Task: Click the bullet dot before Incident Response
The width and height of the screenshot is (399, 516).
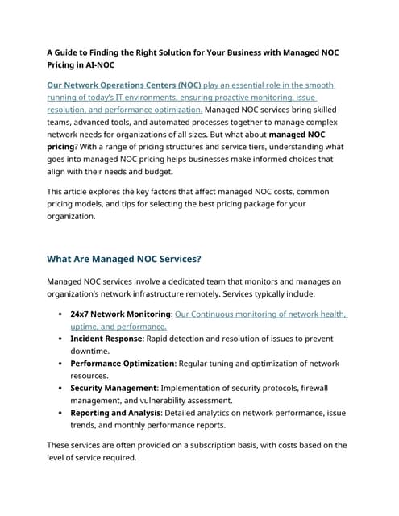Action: coord(62,339)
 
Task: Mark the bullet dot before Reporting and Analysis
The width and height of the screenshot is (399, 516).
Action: coord(62,413)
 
